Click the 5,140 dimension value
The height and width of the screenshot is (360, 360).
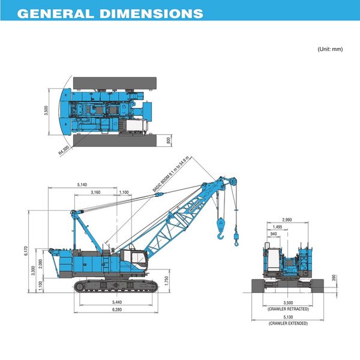pos(83,184)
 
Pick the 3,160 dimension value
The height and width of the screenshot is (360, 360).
pos(95,192)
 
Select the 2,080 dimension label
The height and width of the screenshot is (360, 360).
pos(40,263)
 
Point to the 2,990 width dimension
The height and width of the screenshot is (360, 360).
pos(287,220)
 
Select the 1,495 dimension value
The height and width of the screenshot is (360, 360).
pos(277,227)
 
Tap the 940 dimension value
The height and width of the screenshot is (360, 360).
pos(274,235)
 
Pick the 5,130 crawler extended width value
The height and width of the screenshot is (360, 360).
pos(288,317)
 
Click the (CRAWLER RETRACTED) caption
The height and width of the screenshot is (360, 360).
pos(288,309)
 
